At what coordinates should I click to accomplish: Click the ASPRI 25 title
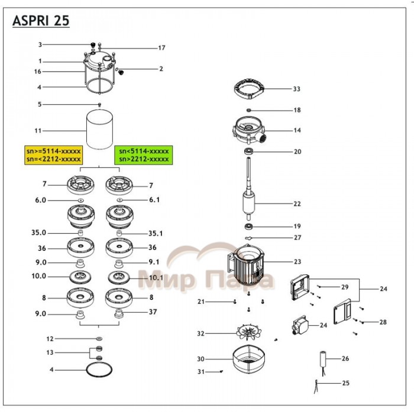[x=41, y=21]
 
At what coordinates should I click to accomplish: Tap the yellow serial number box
[x=53, y=155]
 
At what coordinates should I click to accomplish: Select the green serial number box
[x=143, y=155]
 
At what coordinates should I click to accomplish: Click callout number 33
[x=296, y=89]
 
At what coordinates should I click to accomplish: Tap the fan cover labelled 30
[x=250, y=359]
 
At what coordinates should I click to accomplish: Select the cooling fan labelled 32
[x=248, y=332]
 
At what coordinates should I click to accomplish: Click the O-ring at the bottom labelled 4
[x=98, y=371]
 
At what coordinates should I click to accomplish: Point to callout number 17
[x=161, y=48]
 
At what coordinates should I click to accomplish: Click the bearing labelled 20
[x=249, y=152]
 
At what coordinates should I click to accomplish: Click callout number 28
[x=383, y=322]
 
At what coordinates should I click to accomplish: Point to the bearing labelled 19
[x=249, y=227]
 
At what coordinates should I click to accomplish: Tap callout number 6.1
[x=155, y=200]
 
